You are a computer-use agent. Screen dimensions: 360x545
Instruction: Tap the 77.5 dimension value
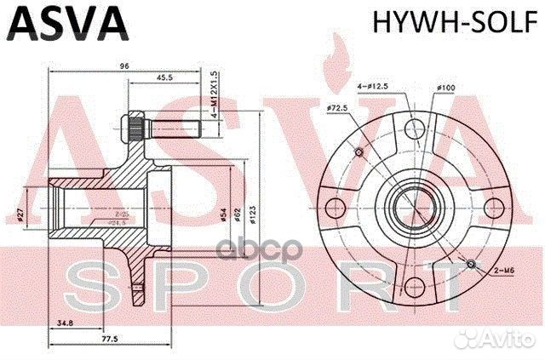106,338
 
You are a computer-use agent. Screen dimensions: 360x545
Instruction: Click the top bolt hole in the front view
412,129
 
